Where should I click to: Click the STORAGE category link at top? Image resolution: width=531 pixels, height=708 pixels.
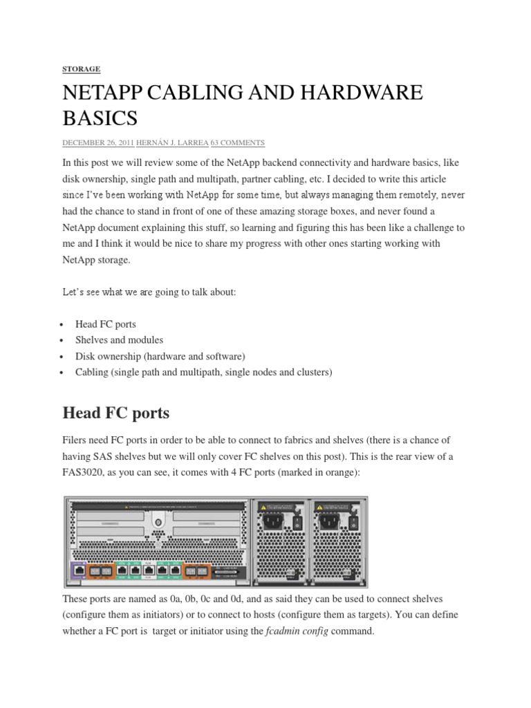[x=81, y=69]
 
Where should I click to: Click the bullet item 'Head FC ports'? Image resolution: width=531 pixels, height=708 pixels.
[x=106, y=324]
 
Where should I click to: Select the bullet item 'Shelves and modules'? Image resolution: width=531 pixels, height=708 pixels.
[x=119, y=339]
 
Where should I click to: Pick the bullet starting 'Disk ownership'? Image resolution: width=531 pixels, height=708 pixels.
[x=160, y=356]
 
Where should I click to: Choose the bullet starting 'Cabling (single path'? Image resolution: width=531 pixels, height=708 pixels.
[x=204, y=372]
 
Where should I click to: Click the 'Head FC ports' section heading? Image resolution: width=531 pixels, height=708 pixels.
[x=115, y=413]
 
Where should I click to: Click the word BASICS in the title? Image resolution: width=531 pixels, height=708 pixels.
[x=100, y=118]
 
